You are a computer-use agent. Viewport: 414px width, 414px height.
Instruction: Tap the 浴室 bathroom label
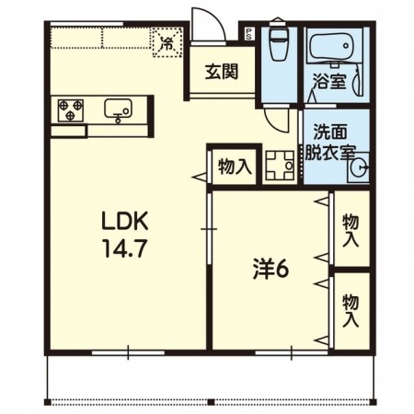click(x=328, y=81)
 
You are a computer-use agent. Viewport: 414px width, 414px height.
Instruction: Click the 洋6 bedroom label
click(x=272, y=270)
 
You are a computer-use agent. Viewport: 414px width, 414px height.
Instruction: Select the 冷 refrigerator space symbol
click(x=167, y=42)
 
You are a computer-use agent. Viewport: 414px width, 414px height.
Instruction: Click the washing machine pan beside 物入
click(x=280, y=167)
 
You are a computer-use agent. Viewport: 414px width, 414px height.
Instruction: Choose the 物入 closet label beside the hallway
click(x=234, y=167)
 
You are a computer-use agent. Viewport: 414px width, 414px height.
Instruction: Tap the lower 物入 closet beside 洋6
click(x=351, y=310)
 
